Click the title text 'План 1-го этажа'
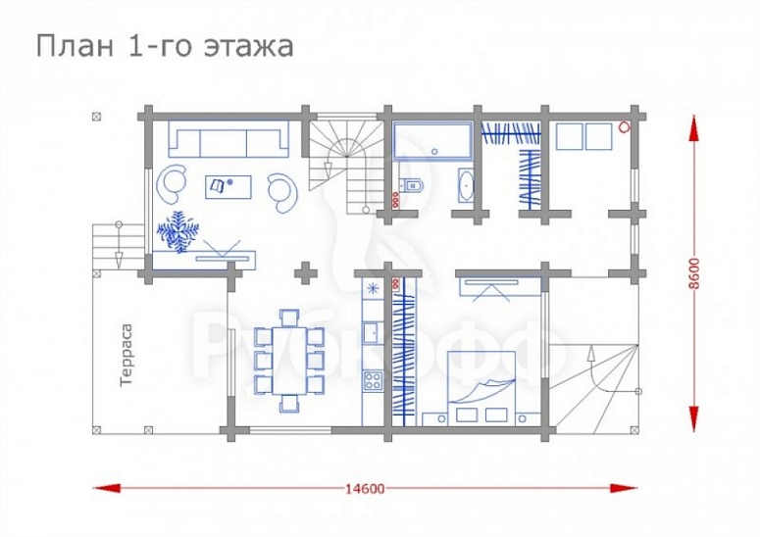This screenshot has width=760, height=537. pos(165,45)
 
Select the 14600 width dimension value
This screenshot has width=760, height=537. pos(364,487)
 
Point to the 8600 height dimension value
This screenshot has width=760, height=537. pos(694,273)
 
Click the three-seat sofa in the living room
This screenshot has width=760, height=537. pos(227,141)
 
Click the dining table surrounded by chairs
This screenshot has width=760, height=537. pos(290,359)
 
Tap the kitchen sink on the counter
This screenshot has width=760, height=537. pos(373,331)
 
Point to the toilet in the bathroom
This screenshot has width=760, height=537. pos(409,182)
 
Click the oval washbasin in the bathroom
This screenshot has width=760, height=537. pos(466,183)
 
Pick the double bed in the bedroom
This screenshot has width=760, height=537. pos(481,387)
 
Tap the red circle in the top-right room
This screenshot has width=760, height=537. pos(623,126)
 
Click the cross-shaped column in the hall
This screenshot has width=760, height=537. pos(308,271)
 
